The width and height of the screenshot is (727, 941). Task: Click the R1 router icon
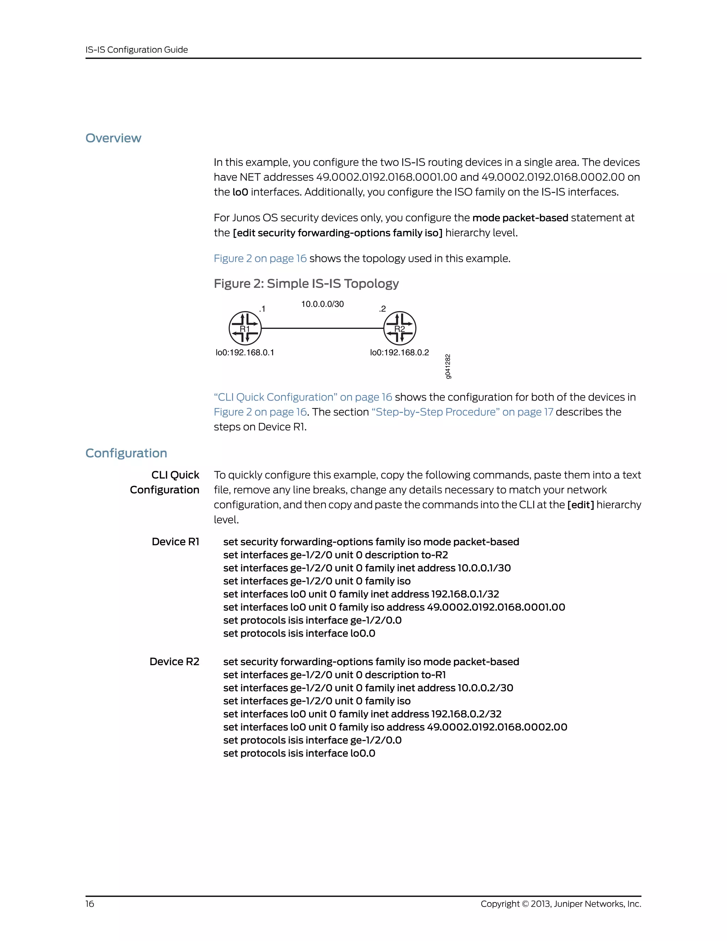245,328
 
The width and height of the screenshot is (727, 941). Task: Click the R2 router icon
400,328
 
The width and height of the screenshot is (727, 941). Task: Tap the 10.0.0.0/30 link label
322,304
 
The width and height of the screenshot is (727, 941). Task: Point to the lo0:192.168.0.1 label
245,353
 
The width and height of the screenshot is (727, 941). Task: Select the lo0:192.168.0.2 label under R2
399,353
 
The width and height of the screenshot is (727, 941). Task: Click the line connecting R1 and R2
322,328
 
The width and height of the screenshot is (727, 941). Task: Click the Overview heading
113,138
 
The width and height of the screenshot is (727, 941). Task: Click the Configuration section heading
126,453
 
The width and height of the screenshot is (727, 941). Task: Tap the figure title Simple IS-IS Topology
306,283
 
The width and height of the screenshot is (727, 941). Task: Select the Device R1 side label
175,542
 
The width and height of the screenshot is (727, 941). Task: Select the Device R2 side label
174,662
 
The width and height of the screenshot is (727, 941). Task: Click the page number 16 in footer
89,903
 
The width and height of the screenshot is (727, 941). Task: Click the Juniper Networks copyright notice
561,903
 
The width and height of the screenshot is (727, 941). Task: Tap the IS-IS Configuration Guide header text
137,50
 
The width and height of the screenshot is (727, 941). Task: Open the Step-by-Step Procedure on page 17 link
462,412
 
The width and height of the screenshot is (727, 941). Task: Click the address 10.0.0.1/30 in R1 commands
484,568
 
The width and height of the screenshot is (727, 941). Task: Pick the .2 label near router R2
382,309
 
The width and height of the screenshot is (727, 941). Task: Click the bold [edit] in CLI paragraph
580,505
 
